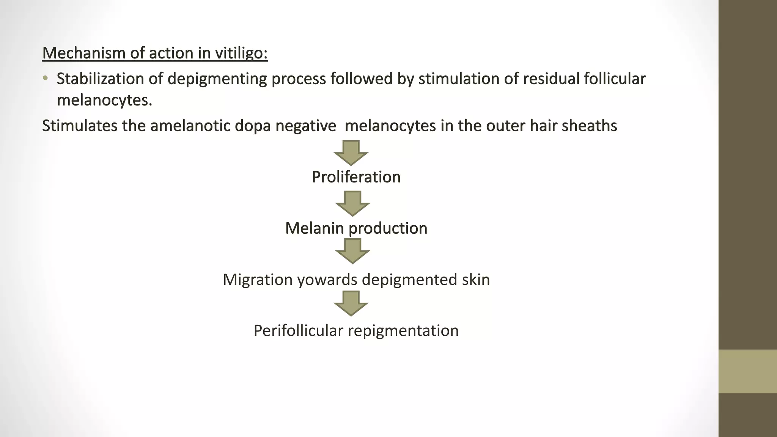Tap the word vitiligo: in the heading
click(x=241, y=53)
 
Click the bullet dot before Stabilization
click(x=46, y=79)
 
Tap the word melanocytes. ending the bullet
click(x=104, y=100)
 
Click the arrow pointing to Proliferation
click(x=351, y=152)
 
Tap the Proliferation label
click(x=356, y=177)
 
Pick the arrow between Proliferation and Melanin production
click(x=352, y=203)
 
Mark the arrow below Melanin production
click(x=352, y=251)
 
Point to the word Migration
click(x=258, y=280)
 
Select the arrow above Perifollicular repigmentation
click(x=351, y=303)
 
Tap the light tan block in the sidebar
click(x=747, y=371)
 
